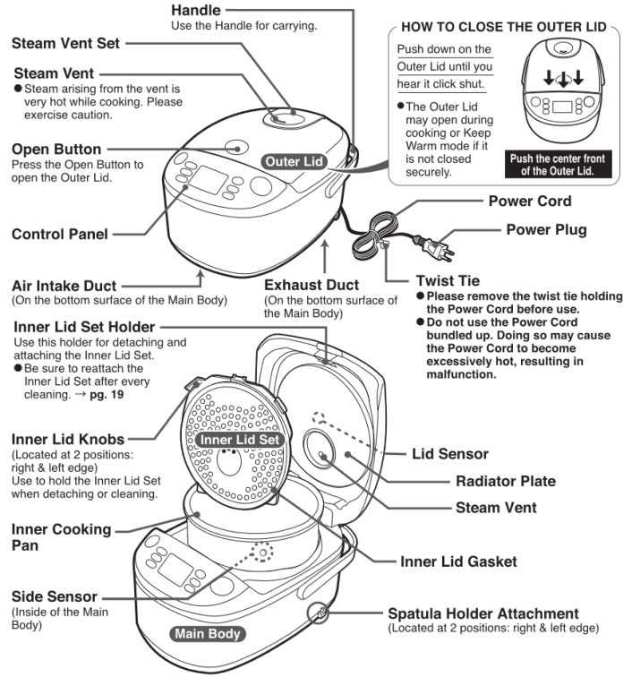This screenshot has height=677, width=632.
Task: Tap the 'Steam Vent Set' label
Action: point(64,43)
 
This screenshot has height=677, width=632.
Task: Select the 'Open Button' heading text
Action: point(56,149)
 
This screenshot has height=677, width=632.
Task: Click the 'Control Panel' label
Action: point(59,235)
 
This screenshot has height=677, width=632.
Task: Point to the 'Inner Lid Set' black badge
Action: point(240,440)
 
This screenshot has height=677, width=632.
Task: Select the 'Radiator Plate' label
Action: point(505,481)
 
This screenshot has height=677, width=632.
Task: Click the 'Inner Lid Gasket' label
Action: point(458,561)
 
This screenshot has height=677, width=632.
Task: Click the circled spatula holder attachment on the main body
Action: point(319,613)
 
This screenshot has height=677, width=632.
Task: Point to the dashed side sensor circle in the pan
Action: point(262,553)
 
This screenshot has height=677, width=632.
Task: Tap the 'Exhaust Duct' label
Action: point(312,285)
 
